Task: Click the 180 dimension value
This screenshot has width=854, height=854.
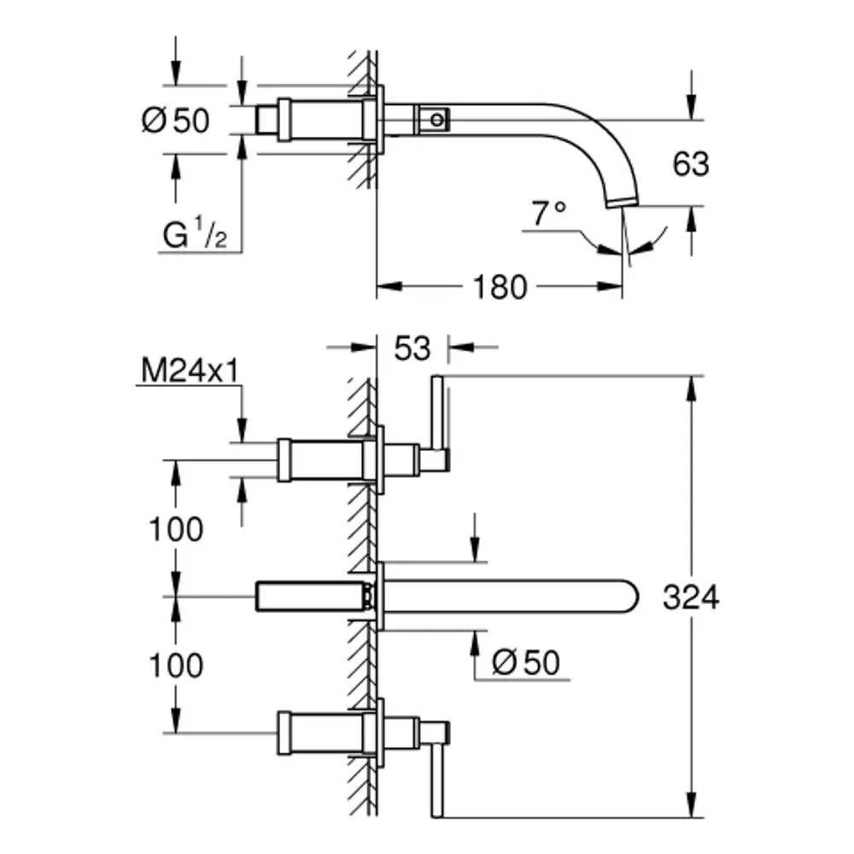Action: tap(500, 287)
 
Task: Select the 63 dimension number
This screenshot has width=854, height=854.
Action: tap(691, 164)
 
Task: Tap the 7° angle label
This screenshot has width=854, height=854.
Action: tap(549, 213)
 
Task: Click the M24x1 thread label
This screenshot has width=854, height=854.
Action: tap(190, 371)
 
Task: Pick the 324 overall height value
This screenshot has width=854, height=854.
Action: tap(691, 597)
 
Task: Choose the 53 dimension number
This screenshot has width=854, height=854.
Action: tap(412, 348)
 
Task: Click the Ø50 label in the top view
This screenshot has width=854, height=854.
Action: tap(175, 120)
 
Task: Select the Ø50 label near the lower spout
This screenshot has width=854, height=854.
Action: tap(525, 663)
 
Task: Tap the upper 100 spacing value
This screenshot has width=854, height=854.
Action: tap(176, 529)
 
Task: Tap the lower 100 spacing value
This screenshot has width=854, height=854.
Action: tap(176, 665)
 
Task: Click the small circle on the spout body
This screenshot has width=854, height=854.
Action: tap(436, 120)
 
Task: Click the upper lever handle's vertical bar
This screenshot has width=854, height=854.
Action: tap(437, 413)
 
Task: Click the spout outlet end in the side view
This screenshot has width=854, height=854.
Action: tap(623, 203)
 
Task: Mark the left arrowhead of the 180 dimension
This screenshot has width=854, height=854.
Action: tap(389, 286)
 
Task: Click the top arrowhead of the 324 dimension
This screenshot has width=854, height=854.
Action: tap(691, 389)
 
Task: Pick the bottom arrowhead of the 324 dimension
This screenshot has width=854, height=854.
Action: tap(691, 804)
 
